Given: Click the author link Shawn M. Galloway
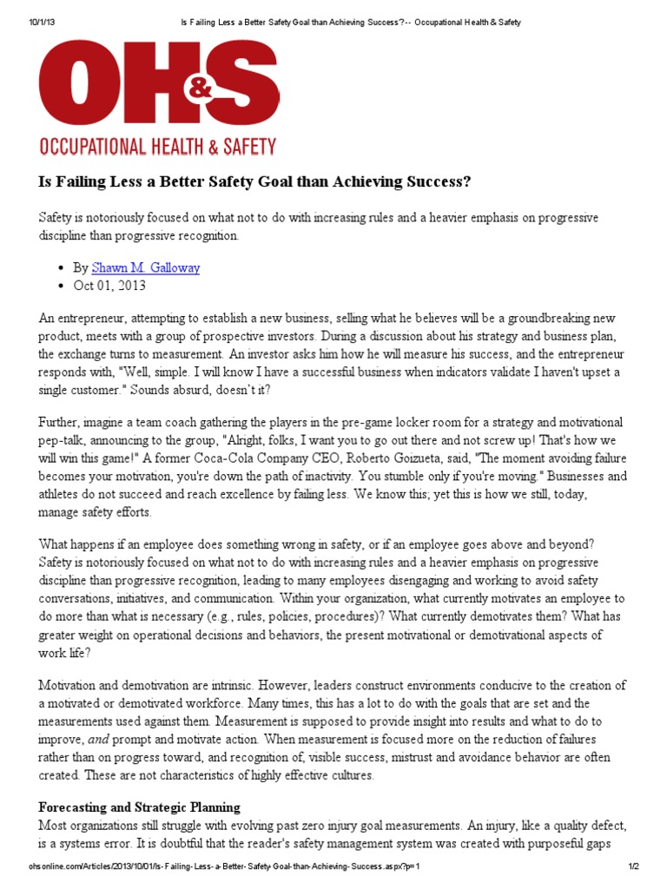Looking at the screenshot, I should pyautogui.click(x=146, y=267).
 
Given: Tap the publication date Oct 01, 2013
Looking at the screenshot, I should pyautogui.click(x=109, y=285).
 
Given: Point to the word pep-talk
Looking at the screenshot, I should pyautogui.click(x=63, y=440).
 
